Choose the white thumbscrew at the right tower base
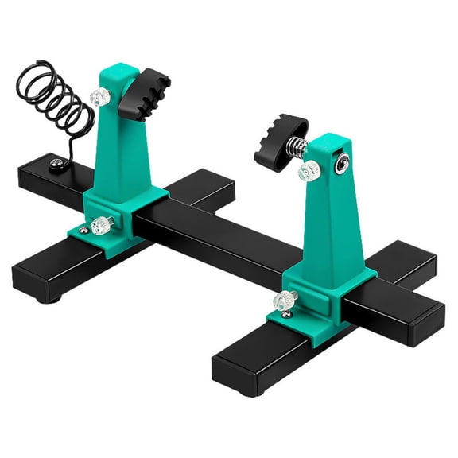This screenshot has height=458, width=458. click(283, 301)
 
